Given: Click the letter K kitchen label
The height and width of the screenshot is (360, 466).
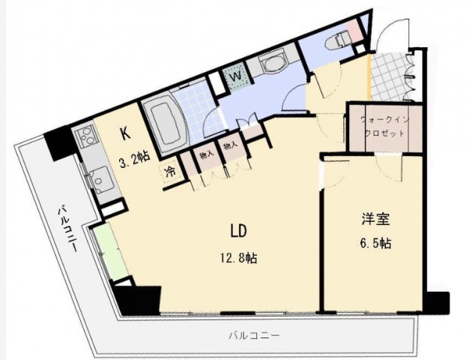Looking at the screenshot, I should point(126,135).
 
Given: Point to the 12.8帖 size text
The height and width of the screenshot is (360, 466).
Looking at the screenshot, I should point(239,257).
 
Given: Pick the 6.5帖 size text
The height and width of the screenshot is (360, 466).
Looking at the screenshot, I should point(373,244).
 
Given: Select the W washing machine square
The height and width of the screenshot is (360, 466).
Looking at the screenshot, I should point(234,76).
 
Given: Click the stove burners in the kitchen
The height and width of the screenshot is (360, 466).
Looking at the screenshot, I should point(84,138).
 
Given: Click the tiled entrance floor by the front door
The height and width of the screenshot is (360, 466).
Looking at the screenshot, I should point(390,74).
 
